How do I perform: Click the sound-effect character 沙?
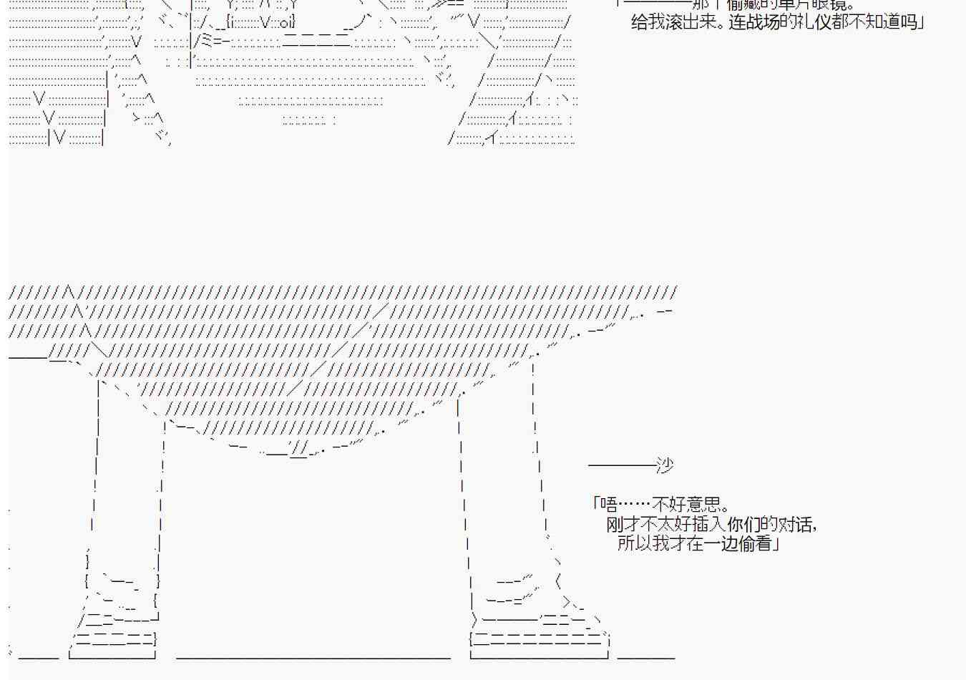pyautogui.click(x=665, y=465)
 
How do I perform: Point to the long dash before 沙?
pyautogui.click(x=621, y=465)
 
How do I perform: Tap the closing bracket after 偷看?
pyautogui.click(x=777, y=543)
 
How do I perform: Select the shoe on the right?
pyautogui.click(x=537, y=623)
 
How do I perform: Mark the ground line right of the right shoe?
pyautogui.click(x=645, y=655)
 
